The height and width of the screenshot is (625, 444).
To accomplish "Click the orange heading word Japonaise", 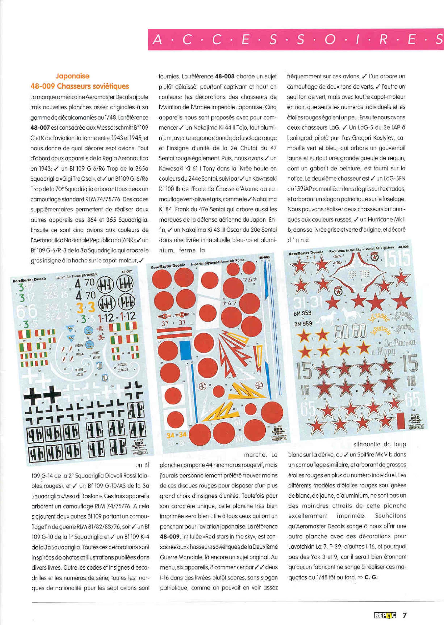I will click(72, 76).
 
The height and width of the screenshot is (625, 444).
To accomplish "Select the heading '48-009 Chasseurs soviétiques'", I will click(80, 86).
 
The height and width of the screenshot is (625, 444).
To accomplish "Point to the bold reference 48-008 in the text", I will click(225, 77).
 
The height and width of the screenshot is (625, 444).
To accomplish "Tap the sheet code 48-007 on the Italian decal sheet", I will click(127, 272).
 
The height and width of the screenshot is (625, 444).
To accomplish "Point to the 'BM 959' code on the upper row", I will click(302, 313).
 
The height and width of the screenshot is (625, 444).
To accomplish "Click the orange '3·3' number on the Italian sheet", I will click(86, 308).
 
